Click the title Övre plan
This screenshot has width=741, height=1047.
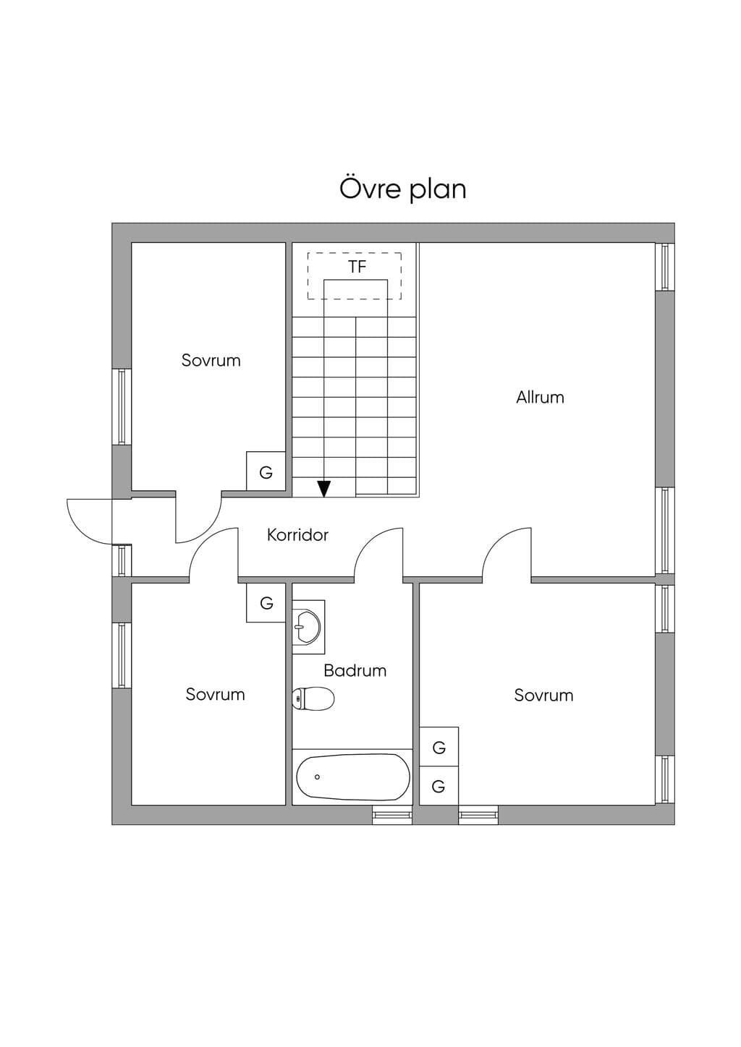pyautogui.click(x=402, y=189)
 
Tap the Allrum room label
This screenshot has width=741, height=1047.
pyautogui.click(x=540, y=398)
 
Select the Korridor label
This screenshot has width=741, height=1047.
pyautogui.click(x=297, y=535)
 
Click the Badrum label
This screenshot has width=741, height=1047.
pyautogui.click(x=355, y=671)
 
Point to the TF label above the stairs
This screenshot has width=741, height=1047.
pyautogui.click(x=357, y=267)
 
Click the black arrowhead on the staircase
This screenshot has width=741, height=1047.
pyautogui.click(x=323, y=489)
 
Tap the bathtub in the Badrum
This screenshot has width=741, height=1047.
pyautogui.click(x=353, y=777)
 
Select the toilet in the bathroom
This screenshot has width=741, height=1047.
pyautogui.click(x=313, y=698)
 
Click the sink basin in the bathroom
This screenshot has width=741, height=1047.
pyautogui.click(x=306, y=626)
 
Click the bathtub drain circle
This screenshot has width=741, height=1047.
pyautogui.click(x=317, y=777)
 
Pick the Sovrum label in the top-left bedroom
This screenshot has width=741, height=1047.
pyautogui.click(x=211, y=360)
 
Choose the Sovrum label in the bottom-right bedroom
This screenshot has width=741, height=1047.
pyautogui.click(x=543, y=695)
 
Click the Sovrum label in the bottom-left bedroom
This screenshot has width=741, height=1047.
pyautogui.click(x=215, y=694)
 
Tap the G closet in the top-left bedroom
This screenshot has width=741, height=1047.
pyautogui.click(x=266, y=471)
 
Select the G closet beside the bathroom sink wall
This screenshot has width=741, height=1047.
pyautogui.click(x=266, y=602)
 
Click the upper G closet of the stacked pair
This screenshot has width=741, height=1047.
pyautogui.click(x=439, y=746)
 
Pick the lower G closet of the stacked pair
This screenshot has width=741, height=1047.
pyautogui.click(x=439, y=786)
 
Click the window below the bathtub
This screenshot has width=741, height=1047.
pyautogui.click(x=392, y=815)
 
